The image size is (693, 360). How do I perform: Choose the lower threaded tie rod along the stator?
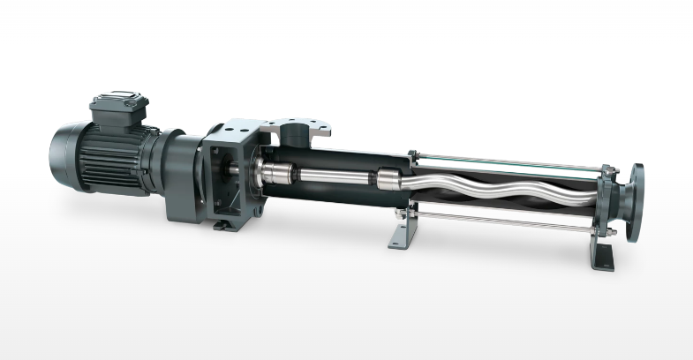(x=503, y=221)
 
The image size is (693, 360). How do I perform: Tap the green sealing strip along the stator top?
(x=503, y=165)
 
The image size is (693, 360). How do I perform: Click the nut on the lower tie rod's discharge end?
(x=608, y=230)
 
